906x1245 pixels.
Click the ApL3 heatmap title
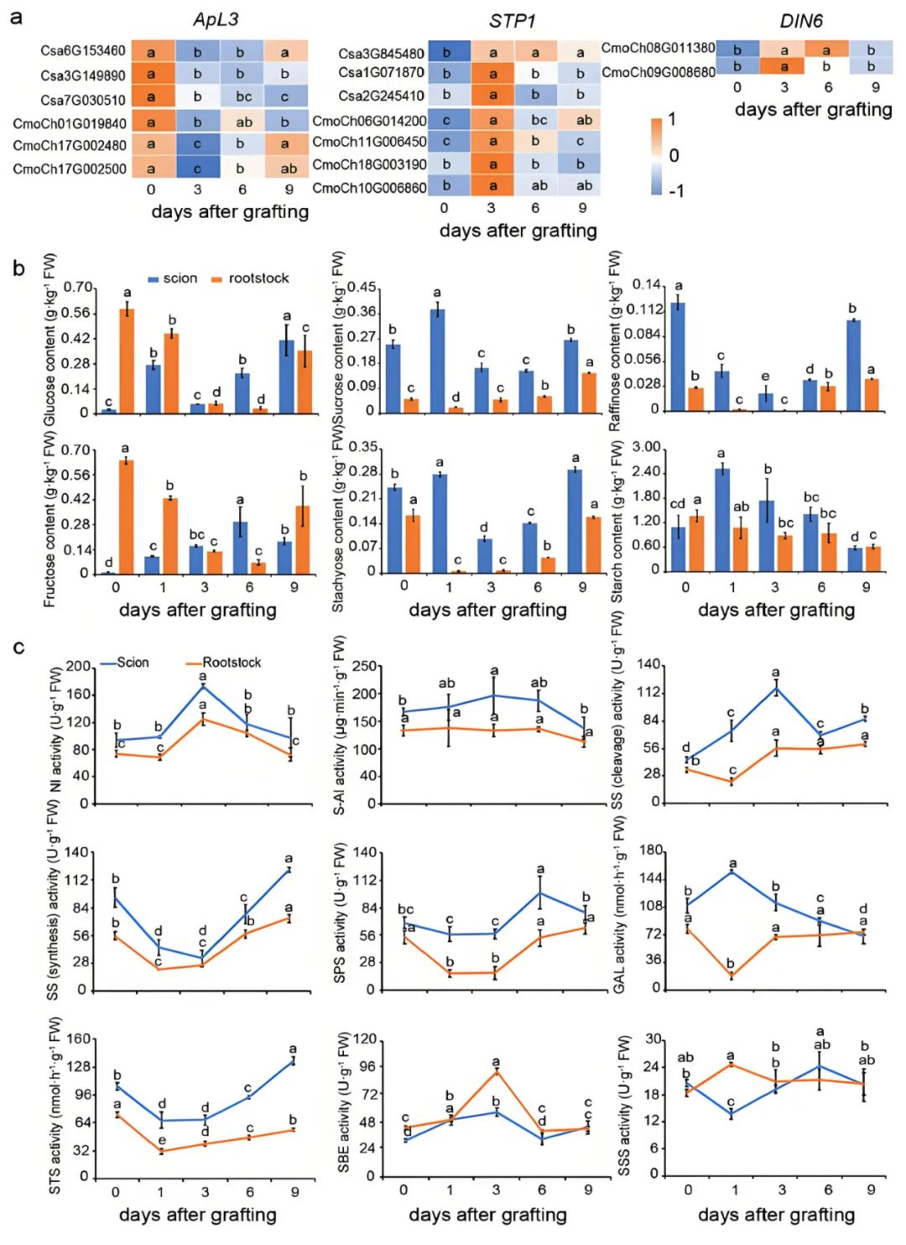tap(216, 19)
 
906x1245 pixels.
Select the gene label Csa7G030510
tap(83, 100)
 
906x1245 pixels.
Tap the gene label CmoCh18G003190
tap(369, 164)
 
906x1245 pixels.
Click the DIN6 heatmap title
tap(801, 21)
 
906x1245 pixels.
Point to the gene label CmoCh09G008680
tap(658, 72)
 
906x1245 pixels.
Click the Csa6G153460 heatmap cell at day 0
tap(153, 52)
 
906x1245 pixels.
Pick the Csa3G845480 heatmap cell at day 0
tap(448, 53)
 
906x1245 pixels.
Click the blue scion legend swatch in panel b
tap(154, 279)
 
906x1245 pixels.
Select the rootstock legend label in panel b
tap(258, 278)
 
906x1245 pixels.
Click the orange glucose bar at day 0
tap(127, 361)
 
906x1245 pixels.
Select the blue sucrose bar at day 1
tap(437, 361)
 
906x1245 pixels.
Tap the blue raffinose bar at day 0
tap(678, 356)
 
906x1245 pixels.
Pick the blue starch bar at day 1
tap(722, 520)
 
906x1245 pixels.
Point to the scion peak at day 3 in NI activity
tap(203, 687)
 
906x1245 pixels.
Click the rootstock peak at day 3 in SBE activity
tap(496, 1071)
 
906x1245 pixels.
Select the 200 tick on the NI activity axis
tap(78, 667)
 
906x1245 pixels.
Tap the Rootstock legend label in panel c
tap(232, 662)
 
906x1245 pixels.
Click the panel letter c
tap(18, 648)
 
